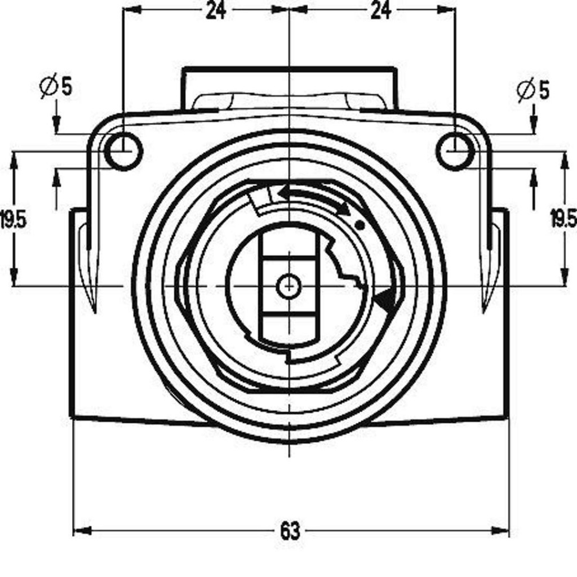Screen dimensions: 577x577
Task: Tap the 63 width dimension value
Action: pos(290,531)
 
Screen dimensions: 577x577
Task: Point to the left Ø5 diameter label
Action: pos(56,87)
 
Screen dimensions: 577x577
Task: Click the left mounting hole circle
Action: pos(123,151)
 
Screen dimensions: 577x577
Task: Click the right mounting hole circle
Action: pos(455,151)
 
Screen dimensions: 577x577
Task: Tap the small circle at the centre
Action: pos(289,286)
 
